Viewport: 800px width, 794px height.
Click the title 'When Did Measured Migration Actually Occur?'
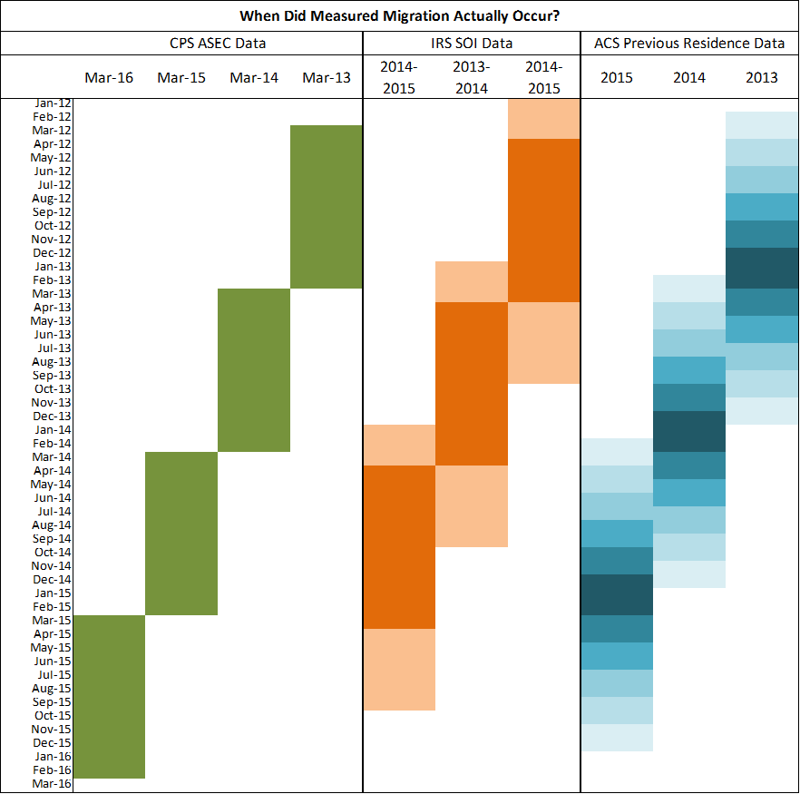(x=399, y=16)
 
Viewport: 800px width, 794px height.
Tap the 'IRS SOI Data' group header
(x=472, y=43)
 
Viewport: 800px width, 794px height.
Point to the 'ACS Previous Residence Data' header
(x=689, y=43)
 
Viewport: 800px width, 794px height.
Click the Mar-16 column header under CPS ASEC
(x=109, y=77)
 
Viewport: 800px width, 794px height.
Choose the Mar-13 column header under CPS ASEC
(x=327, y=77)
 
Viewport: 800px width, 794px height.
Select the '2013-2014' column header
(x=472, y=77)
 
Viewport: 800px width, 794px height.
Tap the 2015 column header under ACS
(x=617, y=77)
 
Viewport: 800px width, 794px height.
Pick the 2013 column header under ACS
(x=762, y=77)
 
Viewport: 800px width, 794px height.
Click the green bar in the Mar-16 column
(x=109, y=696)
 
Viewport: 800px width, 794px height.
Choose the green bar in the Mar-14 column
(x=254, y=369)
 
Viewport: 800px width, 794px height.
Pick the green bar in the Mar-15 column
(x=181, y=533)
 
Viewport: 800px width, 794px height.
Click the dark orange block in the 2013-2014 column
(x=472, y=383)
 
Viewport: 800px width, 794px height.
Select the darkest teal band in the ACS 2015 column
(x=617, y=594)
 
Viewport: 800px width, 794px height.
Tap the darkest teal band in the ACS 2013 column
(x=762, y=268)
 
